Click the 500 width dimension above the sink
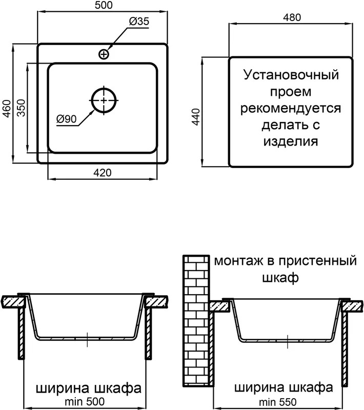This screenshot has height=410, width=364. (x=104, y=5)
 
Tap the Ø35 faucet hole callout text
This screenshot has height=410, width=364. (x=139, y=21)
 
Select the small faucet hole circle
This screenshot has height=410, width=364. (x=104, y=54)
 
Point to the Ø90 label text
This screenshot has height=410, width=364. (x=67, y=119)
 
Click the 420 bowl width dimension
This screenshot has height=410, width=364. (x=103, y=173)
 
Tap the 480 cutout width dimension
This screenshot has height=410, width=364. (x=292, y=17)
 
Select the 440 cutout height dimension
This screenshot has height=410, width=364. (x=196, y=117)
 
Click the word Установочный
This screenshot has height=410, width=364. (x=291, y=75)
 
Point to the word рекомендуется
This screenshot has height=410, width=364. (x=291, y=109)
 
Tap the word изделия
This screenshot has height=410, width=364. (x=291, y=142)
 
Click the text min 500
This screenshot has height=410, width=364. (x=85, y=401)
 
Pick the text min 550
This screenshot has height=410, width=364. (x=278, y=402)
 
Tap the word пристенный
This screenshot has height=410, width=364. (x=317, y=261)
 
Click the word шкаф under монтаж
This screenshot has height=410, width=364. (x=280, y=278)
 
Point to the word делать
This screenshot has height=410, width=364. (x=280, y=125)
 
